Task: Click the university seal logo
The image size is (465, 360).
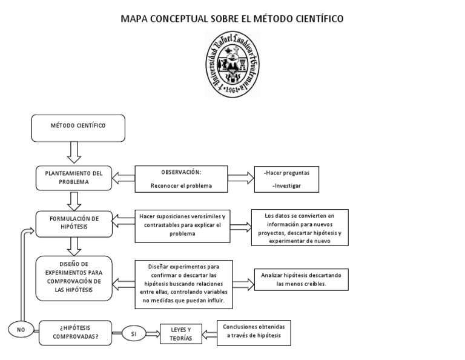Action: pos(233,64)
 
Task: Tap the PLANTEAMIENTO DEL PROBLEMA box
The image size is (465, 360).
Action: pos(74,177)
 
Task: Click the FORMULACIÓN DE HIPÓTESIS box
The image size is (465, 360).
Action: pos(74,223)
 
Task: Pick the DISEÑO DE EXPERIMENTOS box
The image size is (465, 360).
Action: pos(74,278)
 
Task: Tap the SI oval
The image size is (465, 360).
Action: pos(134,333)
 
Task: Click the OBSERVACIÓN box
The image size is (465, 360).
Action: pos(181,178)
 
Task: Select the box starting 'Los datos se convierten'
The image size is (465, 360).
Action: pos(300,228)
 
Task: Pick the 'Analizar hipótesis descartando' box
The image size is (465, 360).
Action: pos(300,279)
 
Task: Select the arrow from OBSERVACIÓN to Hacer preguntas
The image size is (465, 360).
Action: pos(242,178)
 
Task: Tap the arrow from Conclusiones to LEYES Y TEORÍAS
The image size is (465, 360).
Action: pos(209,332)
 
